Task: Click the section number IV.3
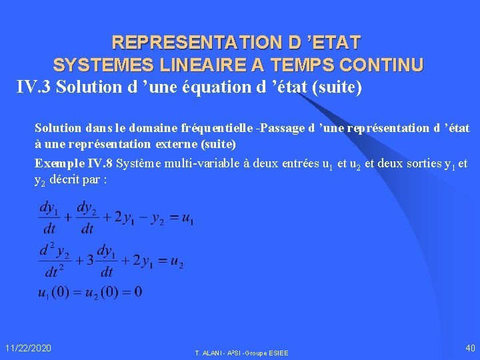pyautogui.click(x=34, y=87)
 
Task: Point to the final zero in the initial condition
pyautogui.click(x=137, y=292)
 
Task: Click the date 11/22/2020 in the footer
pyautogui.click(x=28, y=348)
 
